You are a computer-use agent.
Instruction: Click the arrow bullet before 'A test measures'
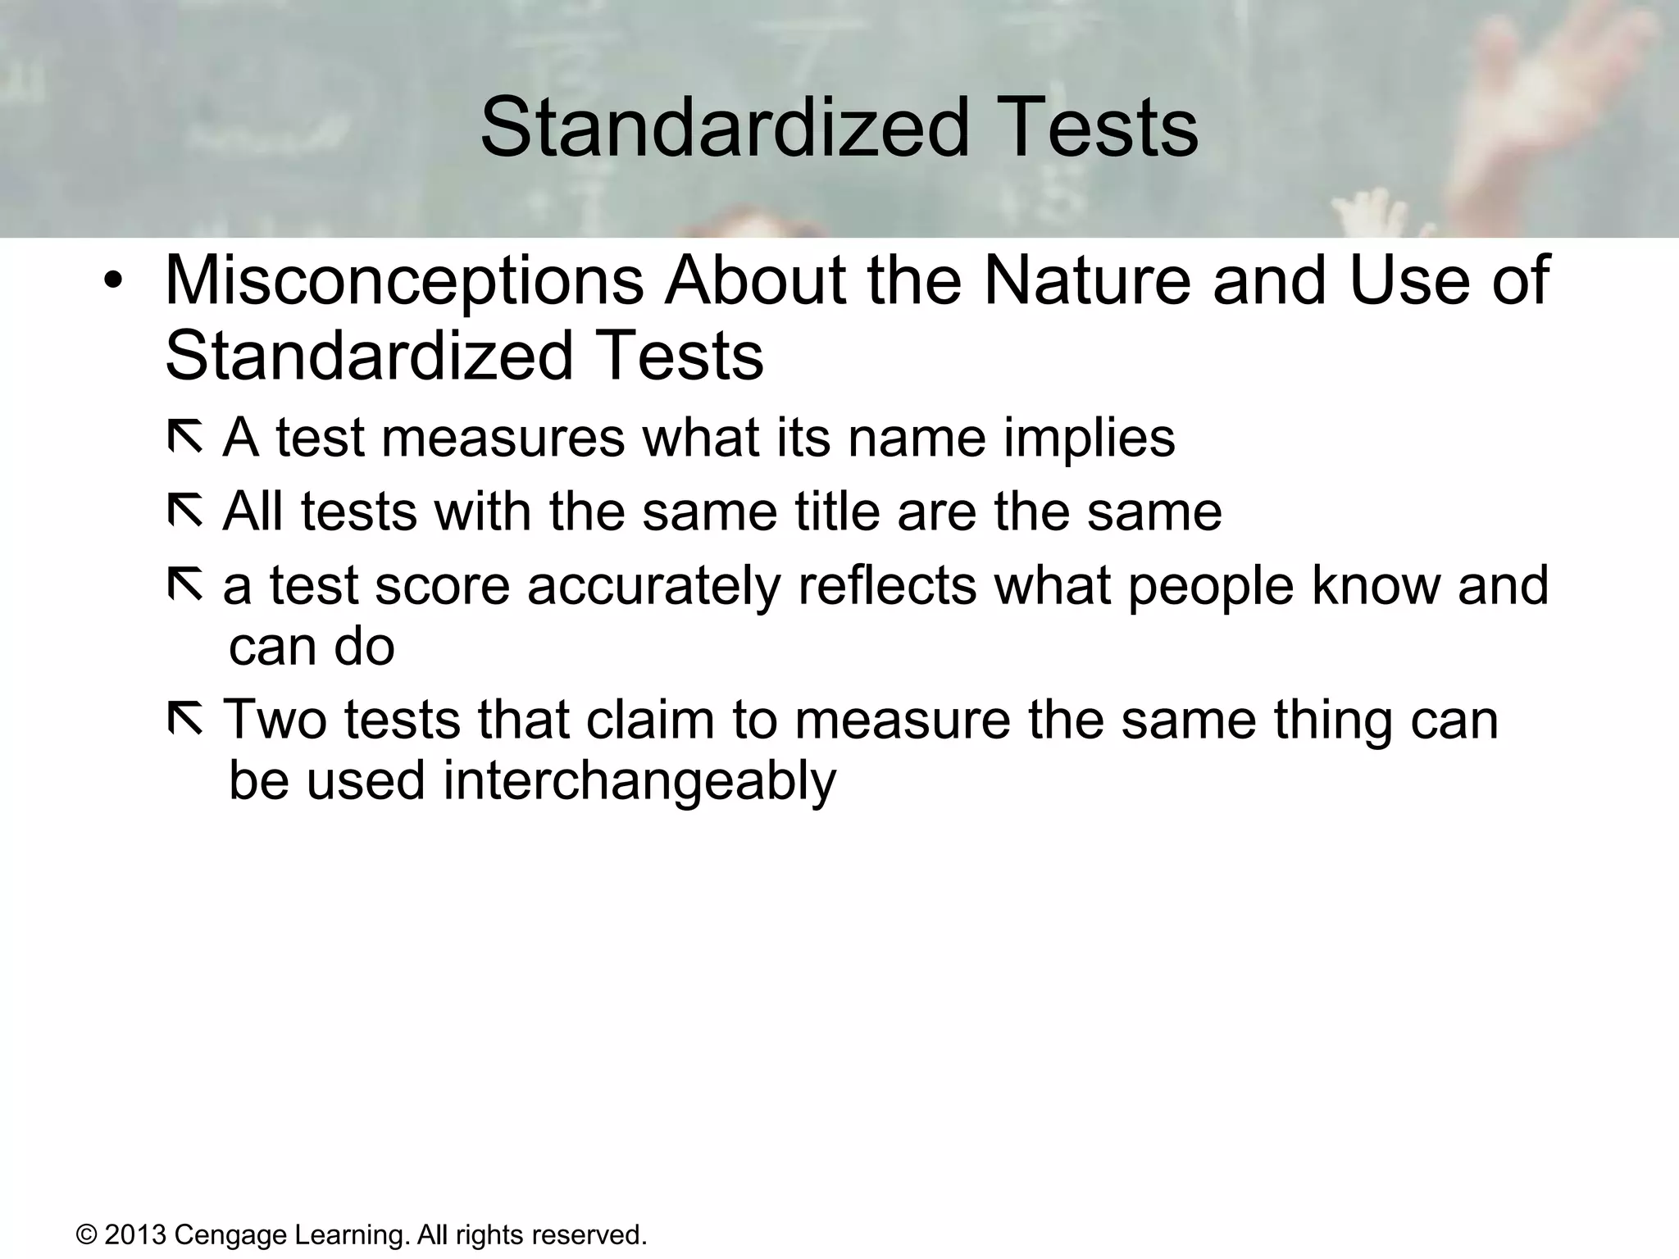click(184, 437)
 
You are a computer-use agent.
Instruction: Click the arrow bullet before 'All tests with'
click(184, 511)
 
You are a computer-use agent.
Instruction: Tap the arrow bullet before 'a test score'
click(184, 585)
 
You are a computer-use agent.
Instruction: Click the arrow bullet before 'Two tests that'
click(184, 719)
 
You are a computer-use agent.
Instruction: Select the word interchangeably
click(639, 781)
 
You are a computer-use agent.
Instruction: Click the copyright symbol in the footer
click(87, 1234)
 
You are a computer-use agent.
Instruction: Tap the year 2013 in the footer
click(135, 1234)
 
